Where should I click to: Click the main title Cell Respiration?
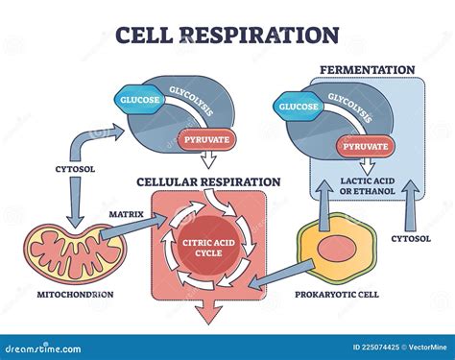click(x=227, y=35)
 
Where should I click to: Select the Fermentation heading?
click(x=367, y=70)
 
